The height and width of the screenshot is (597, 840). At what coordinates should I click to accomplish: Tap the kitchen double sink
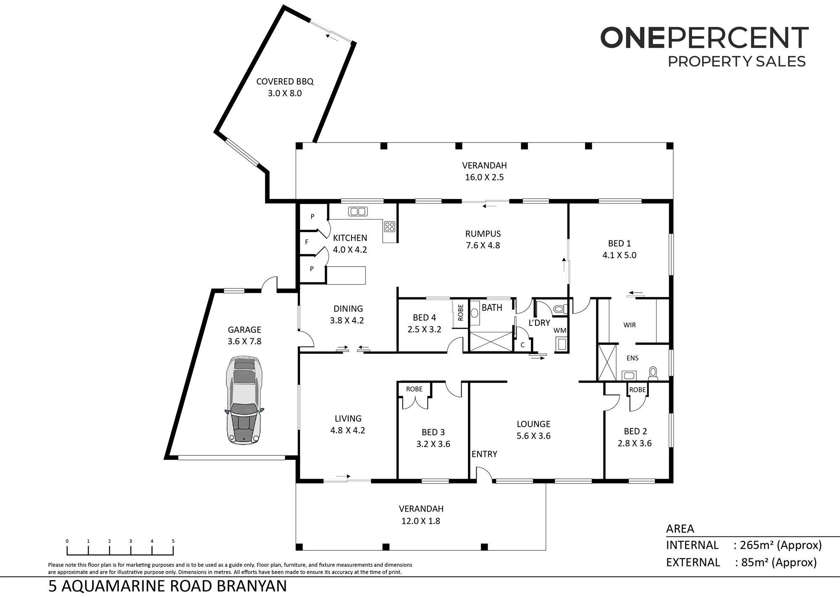358,211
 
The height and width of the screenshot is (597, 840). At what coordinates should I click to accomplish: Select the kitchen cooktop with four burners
389,227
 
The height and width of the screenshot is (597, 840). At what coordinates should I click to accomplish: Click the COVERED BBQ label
285,82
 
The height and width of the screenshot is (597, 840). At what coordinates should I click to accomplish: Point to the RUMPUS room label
483,234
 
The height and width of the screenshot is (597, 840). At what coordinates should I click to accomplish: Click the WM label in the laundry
560,330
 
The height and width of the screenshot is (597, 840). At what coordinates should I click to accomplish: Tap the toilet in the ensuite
653,373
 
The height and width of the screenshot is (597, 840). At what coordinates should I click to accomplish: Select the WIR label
630,325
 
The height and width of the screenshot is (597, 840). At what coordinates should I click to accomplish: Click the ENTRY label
484,454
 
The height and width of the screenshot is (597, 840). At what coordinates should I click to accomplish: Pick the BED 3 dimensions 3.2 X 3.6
433,444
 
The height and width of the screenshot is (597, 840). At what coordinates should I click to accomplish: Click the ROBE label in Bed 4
461,312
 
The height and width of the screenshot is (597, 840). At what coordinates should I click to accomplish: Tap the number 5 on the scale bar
173,541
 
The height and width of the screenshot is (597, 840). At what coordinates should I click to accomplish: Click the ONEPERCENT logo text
704,38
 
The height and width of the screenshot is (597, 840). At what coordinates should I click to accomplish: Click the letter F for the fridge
307,242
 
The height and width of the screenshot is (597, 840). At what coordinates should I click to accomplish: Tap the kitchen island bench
346,275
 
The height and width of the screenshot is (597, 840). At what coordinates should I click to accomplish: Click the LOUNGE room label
533,424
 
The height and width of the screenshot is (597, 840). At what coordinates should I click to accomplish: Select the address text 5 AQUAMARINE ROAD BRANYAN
168,586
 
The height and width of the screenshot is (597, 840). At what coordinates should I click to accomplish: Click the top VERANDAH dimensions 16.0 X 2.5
484,177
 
